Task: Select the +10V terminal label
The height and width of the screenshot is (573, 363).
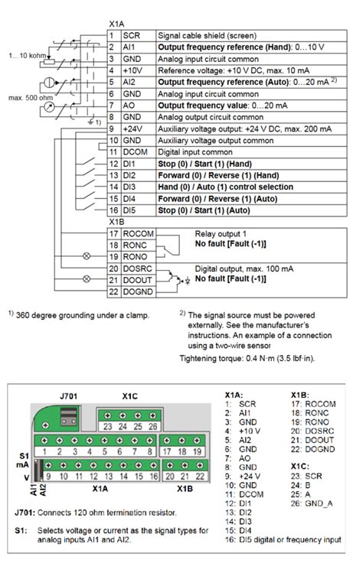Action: (x=133, y=70)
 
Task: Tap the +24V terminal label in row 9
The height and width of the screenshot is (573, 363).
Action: (x=133, y=129)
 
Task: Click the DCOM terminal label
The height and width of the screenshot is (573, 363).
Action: (x=136, y=153)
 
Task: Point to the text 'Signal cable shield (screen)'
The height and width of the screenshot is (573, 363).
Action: (x=207, y=35)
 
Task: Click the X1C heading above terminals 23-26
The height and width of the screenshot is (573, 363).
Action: (x=130, y=397)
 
